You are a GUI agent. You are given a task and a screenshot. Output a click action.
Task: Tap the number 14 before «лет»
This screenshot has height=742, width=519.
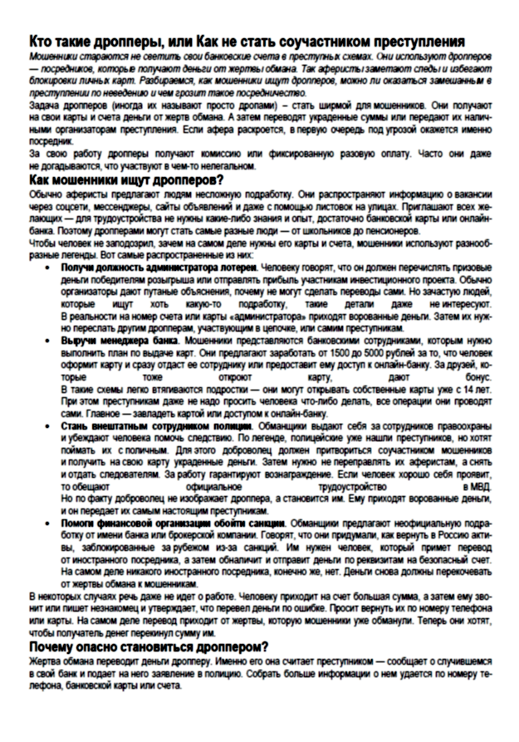click(x=470, y=389)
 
